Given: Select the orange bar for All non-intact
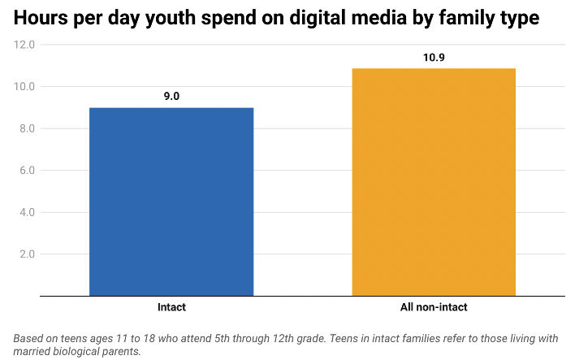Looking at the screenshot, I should coord(434,182).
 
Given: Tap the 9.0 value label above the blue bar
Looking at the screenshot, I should coord(171,96).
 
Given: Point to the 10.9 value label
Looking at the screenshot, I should coord(434,57).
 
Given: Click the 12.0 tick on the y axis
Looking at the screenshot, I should coord(24,45).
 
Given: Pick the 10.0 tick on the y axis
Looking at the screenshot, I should coord(24,87).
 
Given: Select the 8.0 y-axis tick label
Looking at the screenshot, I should coord(26,128).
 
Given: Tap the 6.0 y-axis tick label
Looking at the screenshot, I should coord(26,171).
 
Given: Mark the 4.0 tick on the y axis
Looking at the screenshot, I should coord(26,212).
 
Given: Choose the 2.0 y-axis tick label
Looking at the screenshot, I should coord(26,254).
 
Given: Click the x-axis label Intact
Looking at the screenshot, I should coord(171,308).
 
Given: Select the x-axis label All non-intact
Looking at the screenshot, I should coord(434,308).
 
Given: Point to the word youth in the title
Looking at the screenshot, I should coord(183,18).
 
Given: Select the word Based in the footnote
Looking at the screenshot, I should coord(29,338).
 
